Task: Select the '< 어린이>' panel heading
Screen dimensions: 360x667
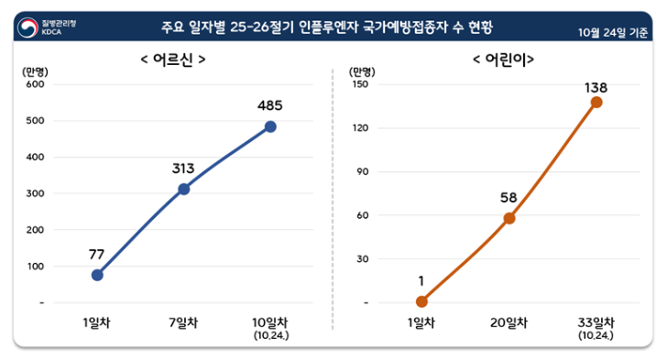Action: click(503, 60)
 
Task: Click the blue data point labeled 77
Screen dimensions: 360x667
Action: click(97, 275)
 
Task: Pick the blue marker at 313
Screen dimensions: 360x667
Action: click(183, 189)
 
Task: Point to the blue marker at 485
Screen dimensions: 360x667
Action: click(270, 126)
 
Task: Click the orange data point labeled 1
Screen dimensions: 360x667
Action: click(421, 301)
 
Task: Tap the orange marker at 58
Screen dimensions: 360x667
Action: click(509, 218)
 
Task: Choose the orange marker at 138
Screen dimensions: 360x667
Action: click(596, 102)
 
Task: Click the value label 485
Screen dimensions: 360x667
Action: click(270, 104)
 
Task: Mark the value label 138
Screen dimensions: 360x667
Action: click(596, 88)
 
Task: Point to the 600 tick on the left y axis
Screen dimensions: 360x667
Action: click(35, 84)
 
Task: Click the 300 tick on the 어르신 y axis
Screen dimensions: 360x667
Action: click(35, 193)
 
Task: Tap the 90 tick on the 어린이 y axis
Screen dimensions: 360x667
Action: click(362, 171)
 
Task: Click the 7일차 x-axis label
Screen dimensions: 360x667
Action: click(183, 322)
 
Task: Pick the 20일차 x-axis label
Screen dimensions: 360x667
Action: click(509, 322)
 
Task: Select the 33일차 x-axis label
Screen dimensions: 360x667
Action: click(596, 322)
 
